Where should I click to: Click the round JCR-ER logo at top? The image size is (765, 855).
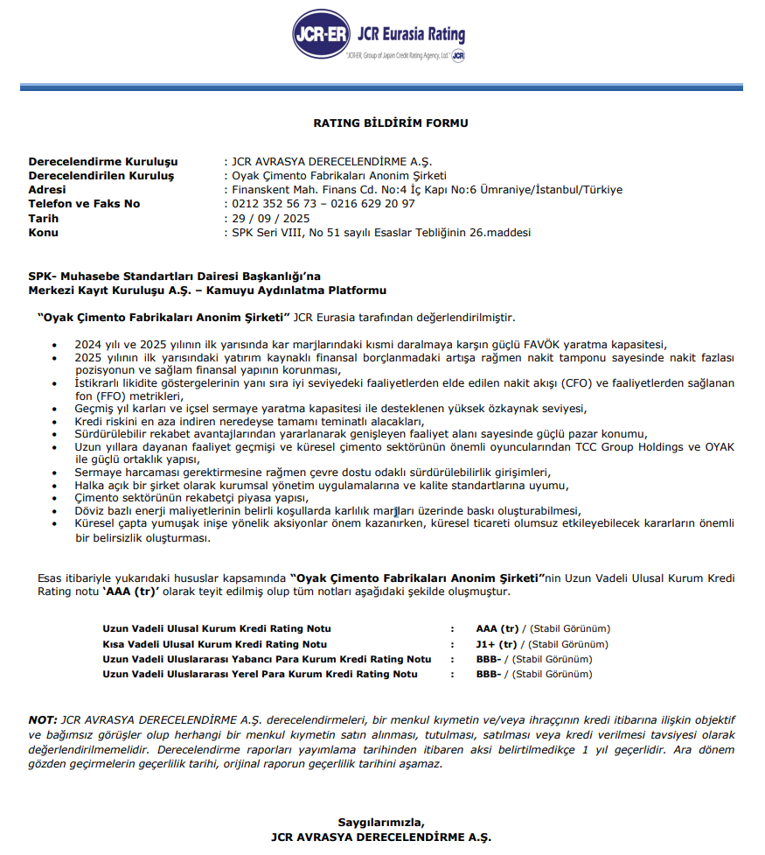point(321,36)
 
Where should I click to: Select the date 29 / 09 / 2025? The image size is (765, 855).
point(270,218)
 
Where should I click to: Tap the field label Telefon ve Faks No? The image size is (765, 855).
point(84,204)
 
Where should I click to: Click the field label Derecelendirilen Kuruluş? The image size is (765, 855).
point(101,176)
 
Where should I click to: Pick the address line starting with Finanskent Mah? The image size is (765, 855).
point(427,190)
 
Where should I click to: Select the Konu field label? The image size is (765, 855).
point(44,232)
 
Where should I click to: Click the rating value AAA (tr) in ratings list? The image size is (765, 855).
point(497,628)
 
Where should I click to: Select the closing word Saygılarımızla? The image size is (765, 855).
point(381,822)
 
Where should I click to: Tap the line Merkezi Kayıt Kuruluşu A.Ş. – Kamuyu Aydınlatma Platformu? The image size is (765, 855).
point(207,290)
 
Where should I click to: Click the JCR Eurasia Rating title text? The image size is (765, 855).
point(411,35)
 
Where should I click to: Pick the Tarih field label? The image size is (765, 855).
point(44,218)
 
